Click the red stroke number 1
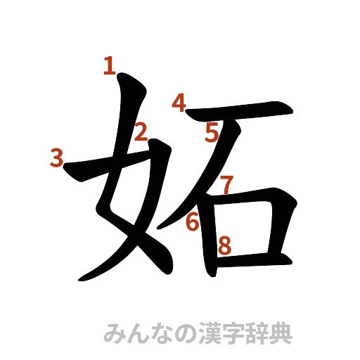coord(108,66)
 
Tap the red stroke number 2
coord(141,131)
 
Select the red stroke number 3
coord(57,158)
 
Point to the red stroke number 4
coord(179,104)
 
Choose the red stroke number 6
coord(193,223)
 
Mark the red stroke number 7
coord(225,185)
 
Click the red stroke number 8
coord(224,245)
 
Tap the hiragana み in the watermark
coord(112,331)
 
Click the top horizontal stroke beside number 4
coord(239,112)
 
